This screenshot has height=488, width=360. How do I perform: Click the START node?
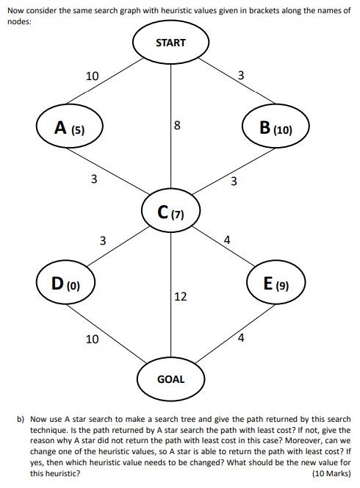tap(170, 43)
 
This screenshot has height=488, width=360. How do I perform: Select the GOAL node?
tap(170, 379)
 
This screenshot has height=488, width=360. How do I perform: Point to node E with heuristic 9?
tap(276, 283)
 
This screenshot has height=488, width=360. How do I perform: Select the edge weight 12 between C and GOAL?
tap(180, 296)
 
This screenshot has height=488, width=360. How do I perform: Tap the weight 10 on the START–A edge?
tap(92, 76)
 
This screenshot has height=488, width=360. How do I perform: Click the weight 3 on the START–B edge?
tap(241, 75)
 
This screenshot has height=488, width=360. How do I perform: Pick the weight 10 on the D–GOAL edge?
tap(92, 339)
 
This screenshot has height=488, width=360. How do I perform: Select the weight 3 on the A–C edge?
tap(93, 179)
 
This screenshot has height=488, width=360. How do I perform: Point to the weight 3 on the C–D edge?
tap(103, 240)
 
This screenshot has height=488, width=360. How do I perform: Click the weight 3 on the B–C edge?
tap(233, 181)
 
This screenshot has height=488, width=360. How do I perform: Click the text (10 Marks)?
tap(331, 474)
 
